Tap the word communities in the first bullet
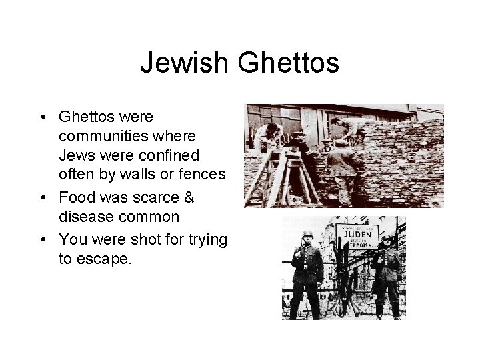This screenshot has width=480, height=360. tap(99, 136)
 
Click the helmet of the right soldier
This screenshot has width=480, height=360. tap(386, 238)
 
